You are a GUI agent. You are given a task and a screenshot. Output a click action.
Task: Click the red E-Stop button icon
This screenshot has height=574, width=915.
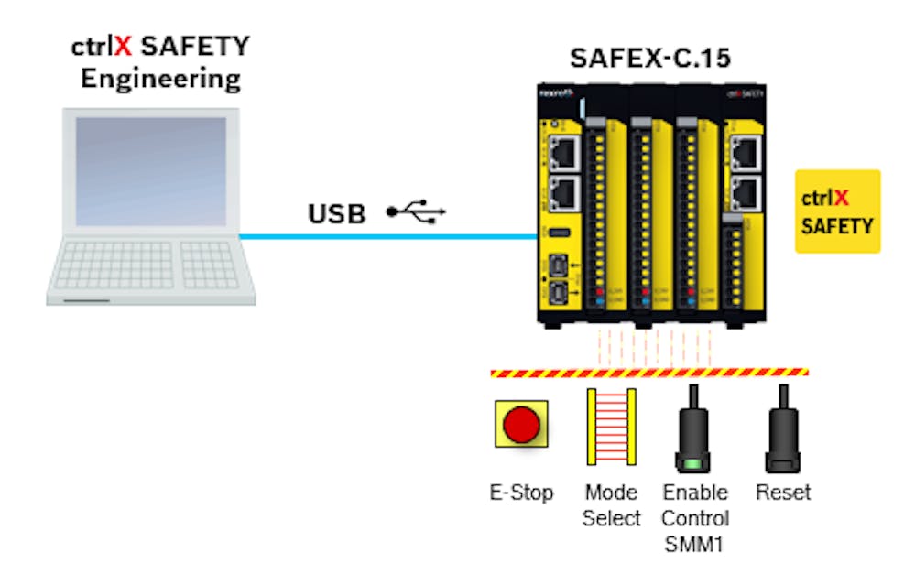(521, 425)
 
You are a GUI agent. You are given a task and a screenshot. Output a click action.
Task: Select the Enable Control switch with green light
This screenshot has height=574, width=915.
(693, 429)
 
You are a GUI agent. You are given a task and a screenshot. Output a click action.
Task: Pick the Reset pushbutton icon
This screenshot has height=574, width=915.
(783, 427)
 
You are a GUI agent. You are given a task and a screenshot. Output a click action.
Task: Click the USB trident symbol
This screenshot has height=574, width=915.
(416, 212)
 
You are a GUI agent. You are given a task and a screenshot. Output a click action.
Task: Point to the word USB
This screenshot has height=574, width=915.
(336, 214)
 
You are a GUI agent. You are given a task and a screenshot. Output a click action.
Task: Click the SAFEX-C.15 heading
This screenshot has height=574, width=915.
(649, 60)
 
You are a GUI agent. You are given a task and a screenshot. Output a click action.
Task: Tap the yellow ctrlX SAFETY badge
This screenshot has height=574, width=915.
(837, 211)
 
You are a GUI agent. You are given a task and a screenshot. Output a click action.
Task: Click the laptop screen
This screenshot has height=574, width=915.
(150, 171)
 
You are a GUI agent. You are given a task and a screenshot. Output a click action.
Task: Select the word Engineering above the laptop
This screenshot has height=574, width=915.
(160, 79)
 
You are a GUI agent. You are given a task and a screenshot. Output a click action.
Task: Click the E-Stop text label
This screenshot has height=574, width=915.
(521, 493)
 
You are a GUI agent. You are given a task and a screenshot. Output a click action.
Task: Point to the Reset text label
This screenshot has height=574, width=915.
(783, 493)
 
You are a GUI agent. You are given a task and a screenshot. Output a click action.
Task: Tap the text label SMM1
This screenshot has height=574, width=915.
(695, 545)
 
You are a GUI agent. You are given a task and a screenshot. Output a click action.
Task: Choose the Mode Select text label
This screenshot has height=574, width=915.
(611, 505)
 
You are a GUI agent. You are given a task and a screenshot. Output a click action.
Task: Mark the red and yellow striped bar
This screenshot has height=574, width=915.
(649, 373)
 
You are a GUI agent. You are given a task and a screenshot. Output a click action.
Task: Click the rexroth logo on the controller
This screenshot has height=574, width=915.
(556, 92)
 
